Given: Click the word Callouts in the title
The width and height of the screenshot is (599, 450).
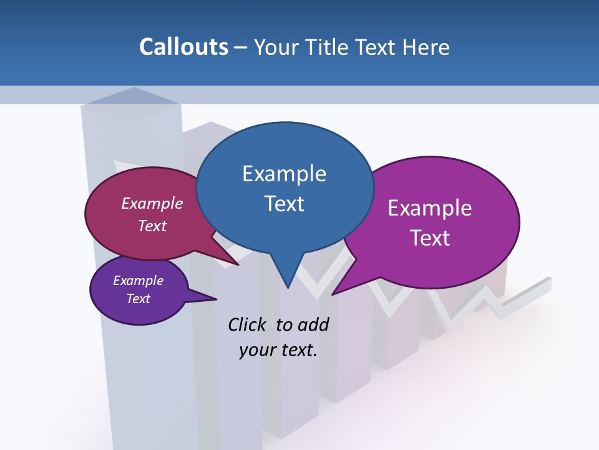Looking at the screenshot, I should [x=184, y=47].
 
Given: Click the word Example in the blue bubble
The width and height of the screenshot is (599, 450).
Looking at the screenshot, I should [x=284, y=174].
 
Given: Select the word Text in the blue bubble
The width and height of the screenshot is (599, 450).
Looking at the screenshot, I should [x=284, y=204].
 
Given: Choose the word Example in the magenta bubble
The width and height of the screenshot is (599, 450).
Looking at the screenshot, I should [x=430, y=208].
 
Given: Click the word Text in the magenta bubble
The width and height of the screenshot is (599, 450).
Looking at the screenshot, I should [x=430, y=238].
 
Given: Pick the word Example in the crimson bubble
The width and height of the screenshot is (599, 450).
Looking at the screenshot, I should [x=152, y=203].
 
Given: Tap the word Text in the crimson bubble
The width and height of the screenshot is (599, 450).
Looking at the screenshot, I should [x=152, y=226].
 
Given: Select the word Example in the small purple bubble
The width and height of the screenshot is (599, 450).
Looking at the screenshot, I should [x=138, y=281].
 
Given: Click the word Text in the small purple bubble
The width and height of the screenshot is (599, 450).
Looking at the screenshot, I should [x=138, y=299].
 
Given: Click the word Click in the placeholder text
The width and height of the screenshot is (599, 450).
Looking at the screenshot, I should [x=248, y=324].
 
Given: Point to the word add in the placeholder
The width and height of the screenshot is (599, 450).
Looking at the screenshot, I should [x=313, y=324].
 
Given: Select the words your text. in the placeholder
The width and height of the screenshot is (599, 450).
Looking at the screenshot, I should [x=278, y=350].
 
